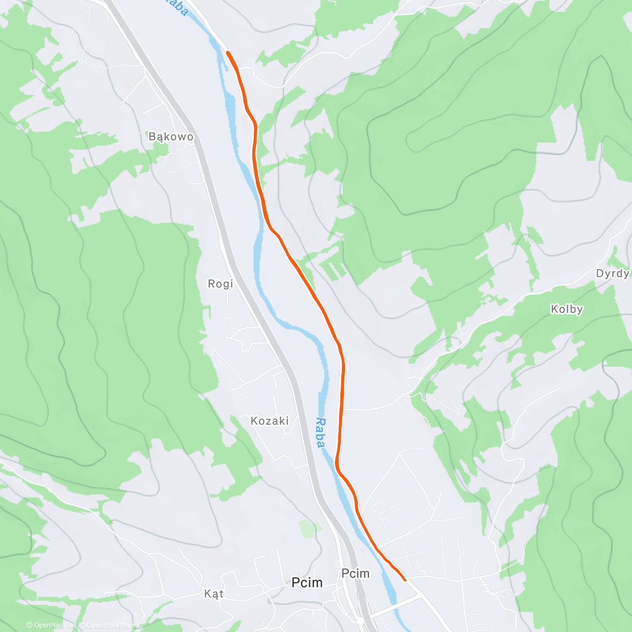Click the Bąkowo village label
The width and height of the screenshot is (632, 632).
click(x=171, y=137)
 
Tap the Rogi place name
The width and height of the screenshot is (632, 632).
click(x=220, y=284)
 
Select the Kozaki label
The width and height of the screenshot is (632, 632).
click(x=270, y=421)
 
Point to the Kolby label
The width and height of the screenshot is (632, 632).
click(x=567, y=309)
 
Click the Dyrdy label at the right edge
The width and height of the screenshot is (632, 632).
click(x=613, y=273)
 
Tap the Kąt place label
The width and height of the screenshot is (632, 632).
click(x=214, y=594)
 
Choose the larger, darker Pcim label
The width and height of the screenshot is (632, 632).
click(x=307, y=582)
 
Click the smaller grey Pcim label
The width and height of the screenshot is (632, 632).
click(x=355, y=573)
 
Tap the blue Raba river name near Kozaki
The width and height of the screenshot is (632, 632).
click(x=320, y=433)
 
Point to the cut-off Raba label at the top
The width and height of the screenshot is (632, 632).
click(x=176, y=6)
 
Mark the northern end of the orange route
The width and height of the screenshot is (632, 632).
click(x=228, y=52)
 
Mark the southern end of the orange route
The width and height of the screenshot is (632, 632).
click(x=404, y=580)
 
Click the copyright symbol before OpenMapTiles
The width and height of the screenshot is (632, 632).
click(x=29, y=625)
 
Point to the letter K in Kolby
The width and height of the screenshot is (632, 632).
click(x=554, y=309)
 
